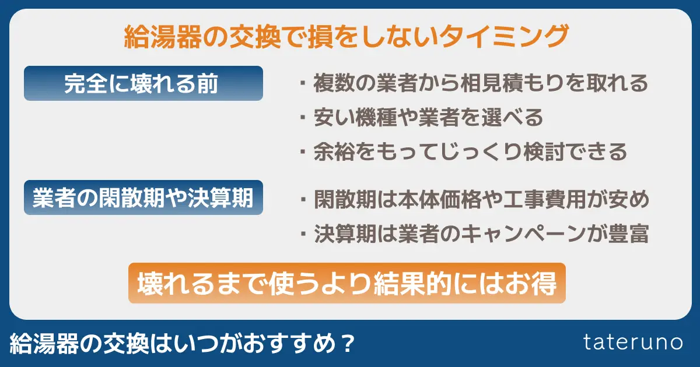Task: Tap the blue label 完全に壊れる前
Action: pyautogui.click(x=143, y=84)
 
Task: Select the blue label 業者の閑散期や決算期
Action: pyautogui.click(x=143, y=199)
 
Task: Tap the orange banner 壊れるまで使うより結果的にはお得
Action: pyautogui.click(x=346, y=284)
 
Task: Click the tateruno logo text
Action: pyautogui.click(x=633, y=343)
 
